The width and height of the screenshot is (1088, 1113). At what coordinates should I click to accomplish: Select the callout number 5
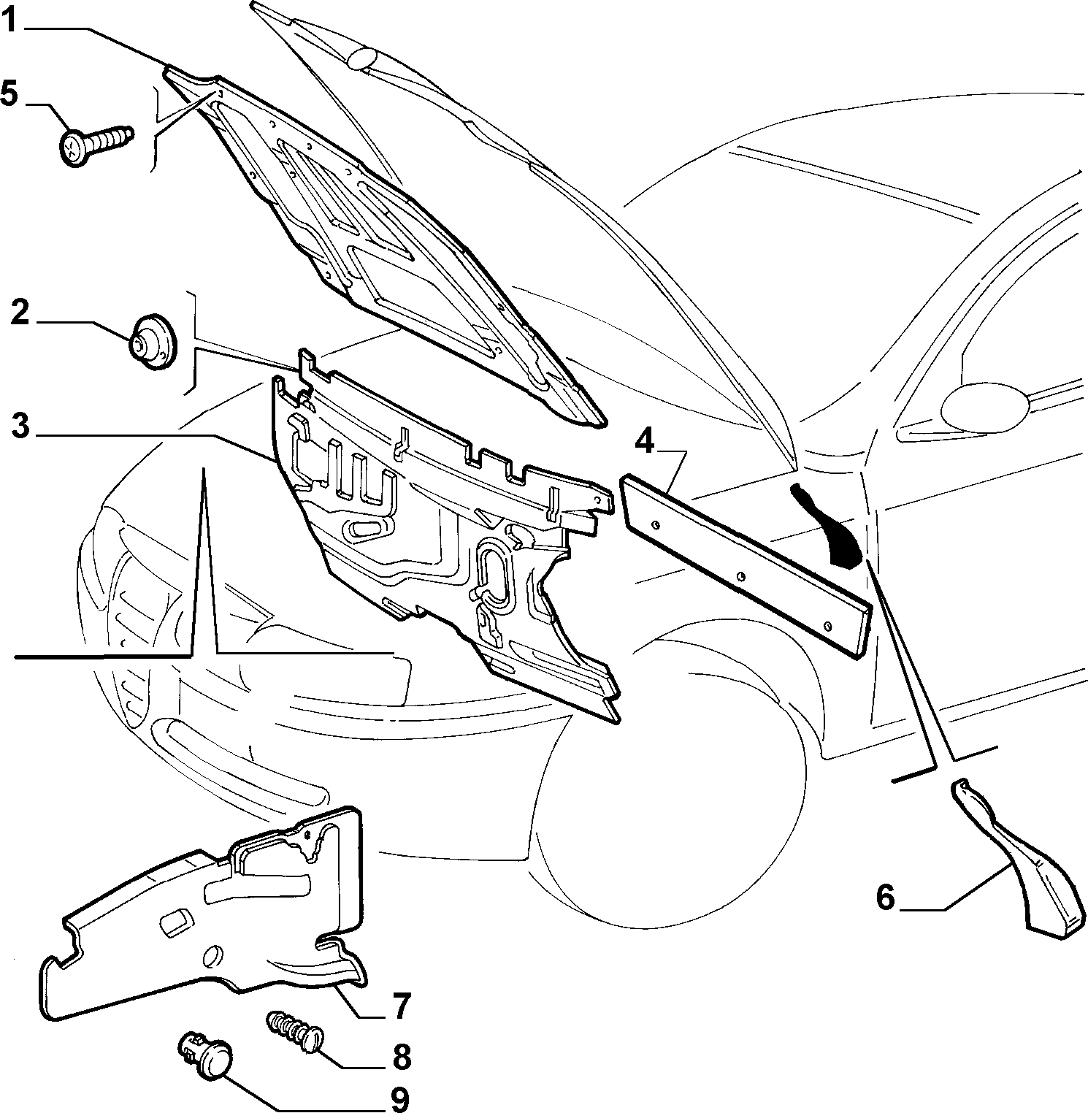point(9,94)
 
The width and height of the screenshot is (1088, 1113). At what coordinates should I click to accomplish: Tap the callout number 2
point(20,313)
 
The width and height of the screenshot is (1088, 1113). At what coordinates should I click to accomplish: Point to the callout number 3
point(21,424)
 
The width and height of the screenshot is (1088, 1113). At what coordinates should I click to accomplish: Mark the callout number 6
point(885,896)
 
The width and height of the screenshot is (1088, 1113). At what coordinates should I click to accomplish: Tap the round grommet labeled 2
point(152,341)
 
